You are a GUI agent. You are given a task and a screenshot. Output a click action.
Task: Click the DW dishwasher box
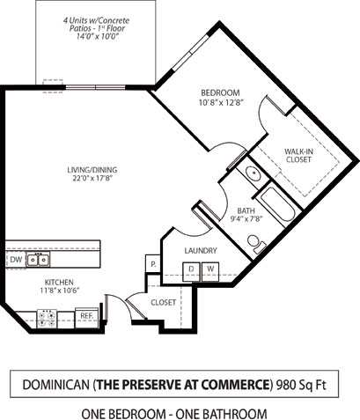16,260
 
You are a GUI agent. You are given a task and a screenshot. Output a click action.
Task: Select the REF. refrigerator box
87,314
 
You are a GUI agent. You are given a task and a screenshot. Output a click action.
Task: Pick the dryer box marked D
190,269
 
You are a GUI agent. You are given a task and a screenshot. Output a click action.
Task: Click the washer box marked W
210,269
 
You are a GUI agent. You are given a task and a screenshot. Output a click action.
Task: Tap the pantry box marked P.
152,263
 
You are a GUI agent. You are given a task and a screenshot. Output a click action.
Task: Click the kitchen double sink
37,260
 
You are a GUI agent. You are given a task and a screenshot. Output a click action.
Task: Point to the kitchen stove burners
47,314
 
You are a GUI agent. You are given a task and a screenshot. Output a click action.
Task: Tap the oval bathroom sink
251,173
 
